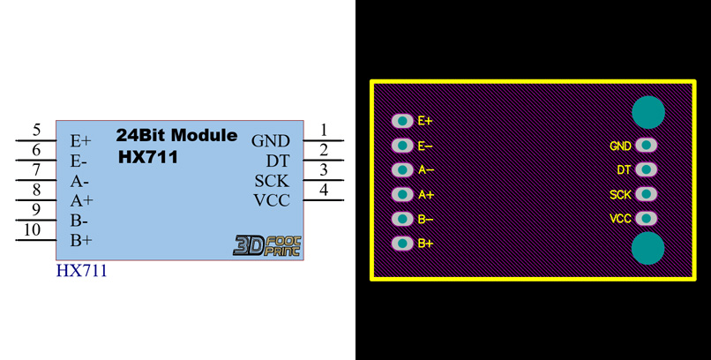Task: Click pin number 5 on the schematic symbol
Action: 36,131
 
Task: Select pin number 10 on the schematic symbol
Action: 32,231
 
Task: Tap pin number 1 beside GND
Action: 324,131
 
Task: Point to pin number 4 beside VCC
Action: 324,190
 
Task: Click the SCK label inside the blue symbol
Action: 272,181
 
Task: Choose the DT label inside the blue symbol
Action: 278,161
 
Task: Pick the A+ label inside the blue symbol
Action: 82,200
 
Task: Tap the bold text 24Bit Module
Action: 176,136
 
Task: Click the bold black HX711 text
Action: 148,158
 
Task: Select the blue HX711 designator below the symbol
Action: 81,271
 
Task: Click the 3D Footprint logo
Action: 266,244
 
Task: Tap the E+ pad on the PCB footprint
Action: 402,121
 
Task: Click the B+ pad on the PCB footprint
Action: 402,243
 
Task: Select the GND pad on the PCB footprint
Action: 647,146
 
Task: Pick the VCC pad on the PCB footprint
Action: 647,218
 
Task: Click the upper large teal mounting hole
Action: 648,112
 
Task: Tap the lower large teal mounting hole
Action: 648,248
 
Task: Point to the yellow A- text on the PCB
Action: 426,170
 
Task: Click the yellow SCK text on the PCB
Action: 620,195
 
